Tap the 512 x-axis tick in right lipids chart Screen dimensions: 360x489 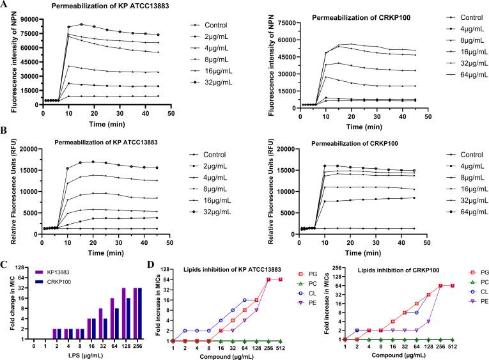[x=453, y=346]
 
